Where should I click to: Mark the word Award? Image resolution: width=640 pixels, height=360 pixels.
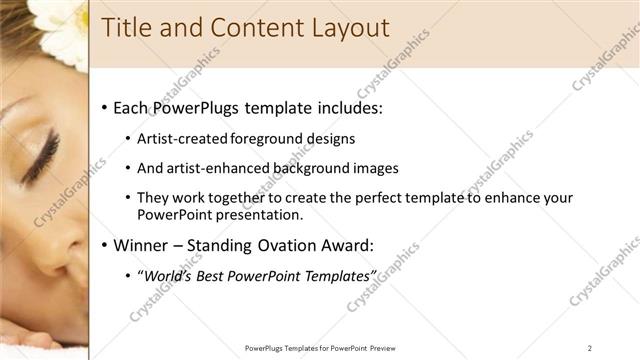click(349, 245)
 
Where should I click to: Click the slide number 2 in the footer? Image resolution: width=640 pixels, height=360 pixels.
click(590, 348)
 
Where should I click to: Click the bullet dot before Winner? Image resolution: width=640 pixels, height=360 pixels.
click(106, 246)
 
